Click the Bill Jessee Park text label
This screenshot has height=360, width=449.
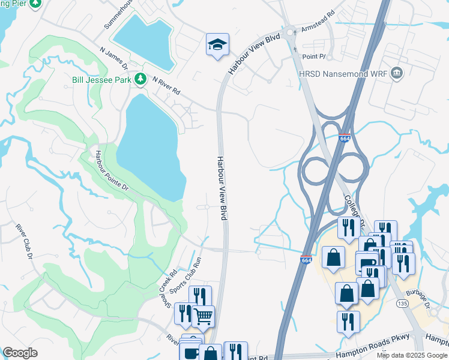[101, 79]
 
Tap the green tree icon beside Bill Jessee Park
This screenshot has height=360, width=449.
[140, 79]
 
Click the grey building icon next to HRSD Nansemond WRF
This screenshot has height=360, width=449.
[396, 73]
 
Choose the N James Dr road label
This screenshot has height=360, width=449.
[114, 57]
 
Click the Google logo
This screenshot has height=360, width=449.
[20, 353]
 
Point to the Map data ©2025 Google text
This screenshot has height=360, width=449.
[412, 355]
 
